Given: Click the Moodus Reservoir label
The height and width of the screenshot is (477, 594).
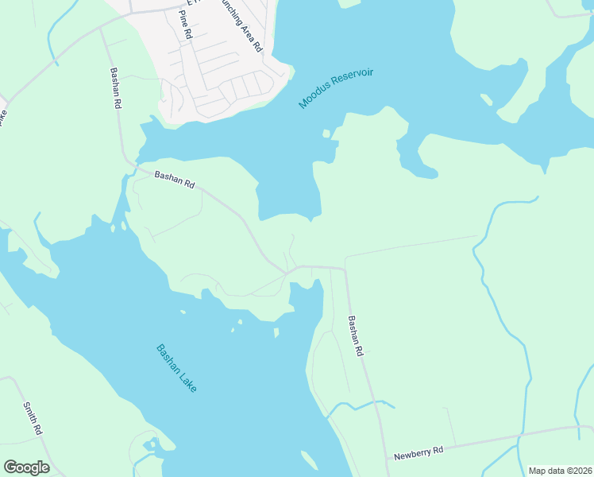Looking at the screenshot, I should [336, 89].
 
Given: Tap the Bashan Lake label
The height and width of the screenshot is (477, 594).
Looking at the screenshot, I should [175, 367].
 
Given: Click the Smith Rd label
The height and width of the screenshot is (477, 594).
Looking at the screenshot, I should [32, 417].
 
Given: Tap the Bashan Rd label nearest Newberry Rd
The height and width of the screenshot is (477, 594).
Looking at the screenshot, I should [356, 335].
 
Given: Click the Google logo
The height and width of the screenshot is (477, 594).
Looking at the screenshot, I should [26, 467].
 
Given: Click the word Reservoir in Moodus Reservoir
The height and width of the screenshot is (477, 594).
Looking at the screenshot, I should [352, 80].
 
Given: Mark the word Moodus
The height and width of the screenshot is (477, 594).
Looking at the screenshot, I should [314, 99].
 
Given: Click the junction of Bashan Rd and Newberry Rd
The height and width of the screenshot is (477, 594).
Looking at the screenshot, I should [388, 459].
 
